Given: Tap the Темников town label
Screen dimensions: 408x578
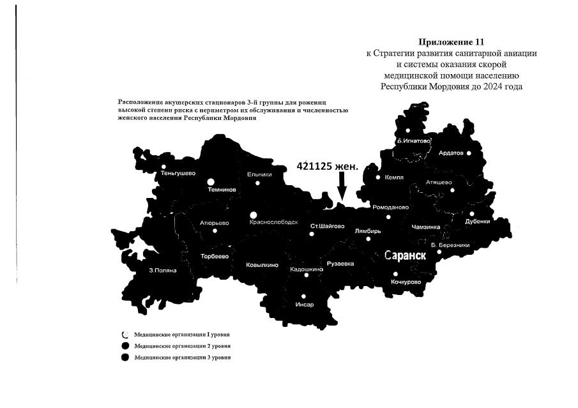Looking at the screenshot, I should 222,190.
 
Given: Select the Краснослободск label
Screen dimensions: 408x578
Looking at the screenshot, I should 274,222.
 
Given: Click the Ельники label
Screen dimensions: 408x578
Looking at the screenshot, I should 259,174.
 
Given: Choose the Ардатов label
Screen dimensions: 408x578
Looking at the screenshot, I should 452,153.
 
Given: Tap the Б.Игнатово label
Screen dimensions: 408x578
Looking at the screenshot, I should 414,140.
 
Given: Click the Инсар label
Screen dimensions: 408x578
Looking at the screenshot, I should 305,305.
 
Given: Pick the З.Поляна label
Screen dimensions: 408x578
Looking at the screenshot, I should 162,270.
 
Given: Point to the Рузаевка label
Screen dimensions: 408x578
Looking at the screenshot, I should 340,263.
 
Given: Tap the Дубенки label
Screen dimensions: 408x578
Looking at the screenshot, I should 478,222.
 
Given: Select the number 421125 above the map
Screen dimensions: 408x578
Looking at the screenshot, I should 317,166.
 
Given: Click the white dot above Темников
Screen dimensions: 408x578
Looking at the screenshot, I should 211,181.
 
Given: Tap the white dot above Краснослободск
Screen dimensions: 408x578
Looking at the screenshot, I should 254,215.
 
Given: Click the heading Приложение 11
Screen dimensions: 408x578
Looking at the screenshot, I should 452,43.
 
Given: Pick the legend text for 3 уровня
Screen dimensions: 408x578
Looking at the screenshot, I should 182,358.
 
